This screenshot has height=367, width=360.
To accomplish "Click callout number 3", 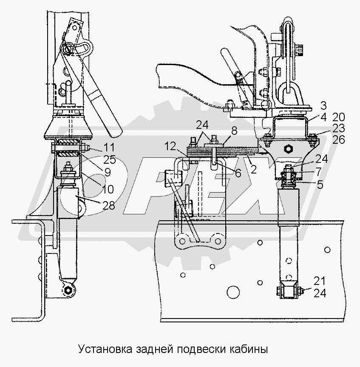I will (x=323, y=106).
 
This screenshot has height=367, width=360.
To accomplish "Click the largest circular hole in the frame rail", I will (x=232, y=292).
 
